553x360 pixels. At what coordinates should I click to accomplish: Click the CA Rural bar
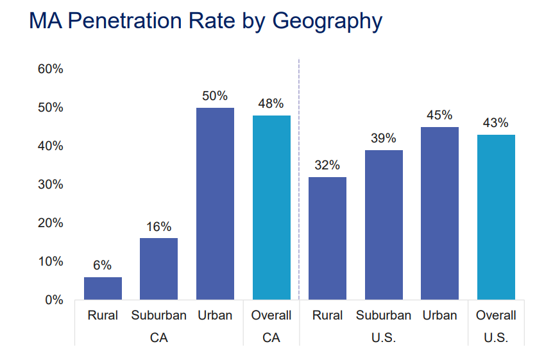pos(103,288)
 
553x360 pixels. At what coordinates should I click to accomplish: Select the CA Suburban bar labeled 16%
pos(158,269)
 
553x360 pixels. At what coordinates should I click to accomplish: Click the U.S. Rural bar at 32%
pos(327,238)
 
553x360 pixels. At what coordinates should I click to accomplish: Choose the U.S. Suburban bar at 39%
pos(384,225)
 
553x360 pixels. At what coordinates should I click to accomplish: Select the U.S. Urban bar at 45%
pos(439,213)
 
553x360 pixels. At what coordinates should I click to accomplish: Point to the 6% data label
pos(103,265)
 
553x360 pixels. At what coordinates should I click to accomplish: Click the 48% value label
pos(271,103)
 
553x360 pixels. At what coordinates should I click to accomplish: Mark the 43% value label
pos(495,123)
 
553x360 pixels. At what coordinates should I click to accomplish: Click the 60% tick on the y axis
pos(50,69)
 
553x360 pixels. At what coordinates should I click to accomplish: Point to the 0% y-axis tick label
pos(53,300)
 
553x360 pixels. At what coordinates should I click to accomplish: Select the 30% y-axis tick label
pos(50,184)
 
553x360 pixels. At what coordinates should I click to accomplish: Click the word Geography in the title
pos(327,21)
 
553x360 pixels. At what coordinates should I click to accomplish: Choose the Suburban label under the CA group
pos(158,315)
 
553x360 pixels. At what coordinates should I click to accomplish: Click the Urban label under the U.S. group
pos(439,315)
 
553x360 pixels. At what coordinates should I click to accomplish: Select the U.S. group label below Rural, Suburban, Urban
pos(384,337)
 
